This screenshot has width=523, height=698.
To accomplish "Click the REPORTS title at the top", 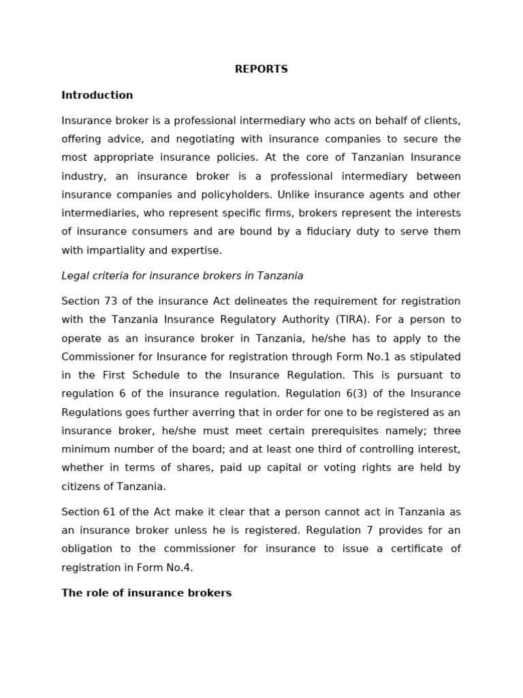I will click(261, 70).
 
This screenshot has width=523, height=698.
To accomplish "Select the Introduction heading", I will click(97, 95).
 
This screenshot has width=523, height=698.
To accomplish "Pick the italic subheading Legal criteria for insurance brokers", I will click(182, 276).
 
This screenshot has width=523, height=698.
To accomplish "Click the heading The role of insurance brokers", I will click(146, 593).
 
